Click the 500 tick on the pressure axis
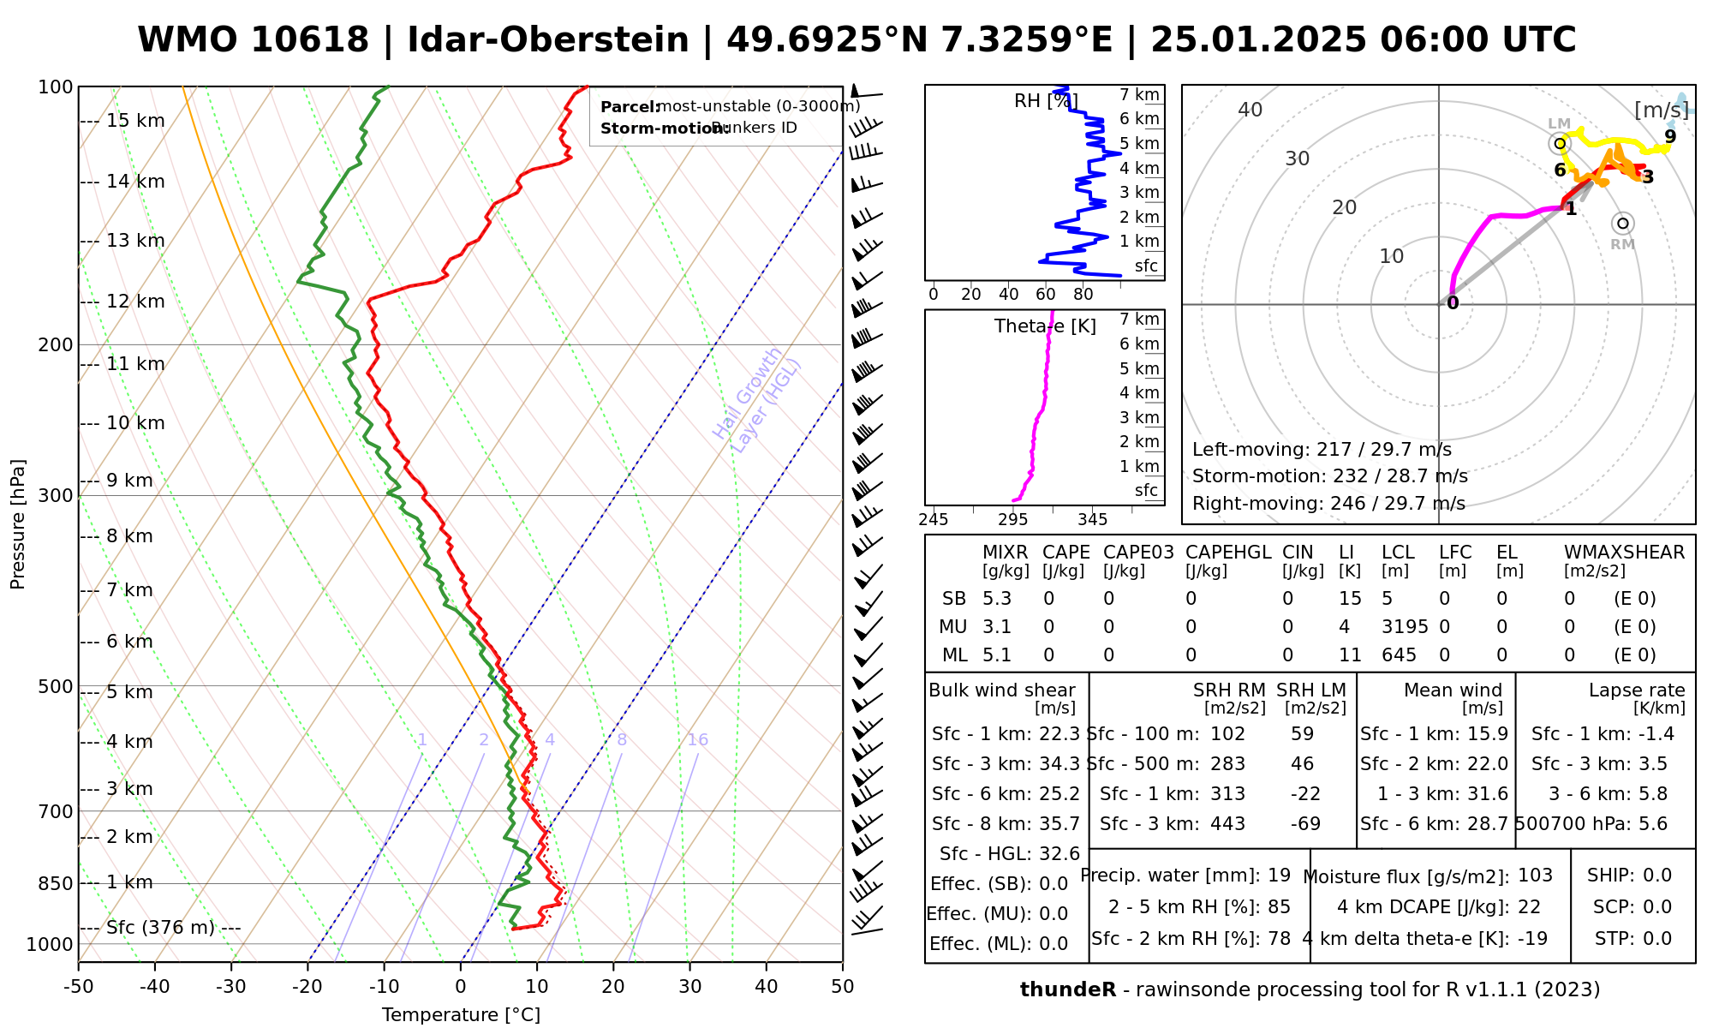click(56, 687)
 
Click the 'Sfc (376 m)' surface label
click(160, 928)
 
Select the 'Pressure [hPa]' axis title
click(18, 524)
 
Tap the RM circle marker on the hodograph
click(1622, 224)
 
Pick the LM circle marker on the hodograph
click(1560, 143)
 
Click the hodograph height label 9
click(1670, 136)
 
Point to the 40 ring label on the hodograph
click(1250, 110)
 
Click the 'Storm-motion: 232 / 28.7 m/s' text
click(1330, 476)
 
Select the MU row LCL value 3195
click(1405, 627)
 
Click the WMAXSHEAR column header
click(1624, 553)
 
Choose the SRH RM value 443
click(1227, 824)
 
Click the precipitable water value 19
click(1279, 876)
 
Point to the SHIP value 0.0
click(1657, 876)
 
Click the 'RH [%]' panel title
click(1045, 101)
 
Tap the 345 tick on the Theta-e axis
click(1092, 520)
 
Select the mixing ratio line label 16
click(698, 740)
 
